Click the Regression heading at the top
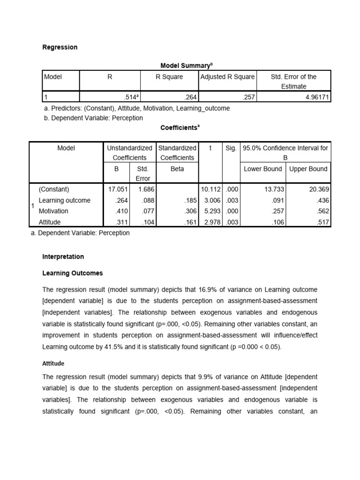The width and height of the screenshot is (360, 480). tap(60, 47)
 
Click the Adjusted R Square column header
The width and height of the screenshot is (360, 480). tap(227, 77)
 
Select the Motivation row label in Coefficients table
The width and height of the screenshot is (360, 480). tap(53, 211)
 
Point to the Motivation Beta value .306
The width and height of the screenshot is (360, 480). tap(190, 211)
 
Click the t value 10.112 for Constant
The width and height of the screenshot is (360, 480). tap(210, 189)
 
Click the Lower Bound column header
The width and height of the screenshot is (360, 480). tap(263, 169)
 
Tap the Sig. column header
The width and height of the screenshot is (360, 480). tap(231, 148)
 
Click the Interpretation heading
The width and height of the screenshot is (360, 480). tap(63, 257)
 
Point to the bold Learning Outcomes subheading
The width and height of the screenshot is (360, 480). tap(73, 273)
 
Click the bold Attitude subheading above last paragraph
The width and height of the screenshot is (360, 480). tap(53, 363)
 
